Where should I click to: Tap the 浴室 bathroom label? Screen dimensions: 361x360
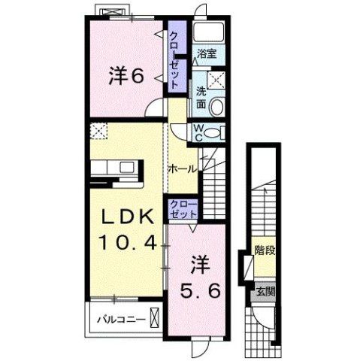click(x=207, y=53)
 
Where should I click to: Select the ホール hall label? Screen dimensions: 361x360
click(x=183, y=168)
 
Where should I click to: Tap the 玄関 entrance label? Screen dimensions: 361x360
click(x=262, y=292)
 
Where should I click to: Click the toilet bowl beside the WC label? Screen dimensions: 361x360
click(x=213, y=133)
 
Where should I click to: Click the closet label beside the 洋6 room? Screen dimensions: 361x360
click(x=174, y=60)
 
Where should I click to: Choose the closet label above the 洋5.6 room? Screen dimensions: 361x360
click(x=183, y=209)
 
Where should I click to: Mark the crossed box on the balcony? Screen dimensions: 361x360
click(x=155, y=317)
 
